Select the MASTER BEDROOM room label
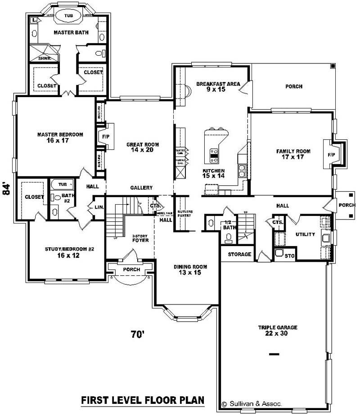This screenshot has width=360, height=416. click(60, 137)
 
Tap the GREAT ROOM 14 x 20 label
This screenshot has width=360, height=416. click(140, 147)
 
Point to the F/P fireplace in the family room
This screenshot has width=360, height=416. click(332, 155)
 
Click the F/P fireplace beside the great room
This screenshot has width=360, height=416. click(106, 136)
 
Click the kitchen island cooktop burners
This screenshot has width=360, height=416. click(215, 155)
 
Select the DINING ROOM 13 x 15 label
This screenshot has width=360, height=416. click(188, 269)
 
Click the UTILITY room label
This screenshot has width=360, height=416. click(305, 234)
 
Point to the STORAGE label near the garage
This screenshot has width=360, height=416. click(239, 254)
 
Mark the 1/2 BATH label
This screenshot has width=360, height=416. click(229, 225)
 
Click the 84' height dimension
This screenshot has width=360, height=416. click(6, 188)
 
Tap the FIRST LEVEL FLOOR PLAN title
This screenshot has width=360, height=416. click(143, 400)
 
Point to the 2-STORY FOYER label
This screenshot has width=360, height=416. click(140, 238)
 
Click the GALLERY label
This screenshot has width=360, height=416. click(141, 188)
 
